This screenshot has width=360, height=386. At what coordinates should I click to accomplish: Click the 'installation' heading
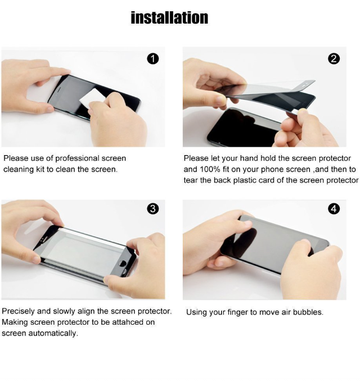point(169,18)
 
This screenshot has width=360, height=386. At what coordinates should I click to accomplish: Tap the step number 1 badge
point(153,59)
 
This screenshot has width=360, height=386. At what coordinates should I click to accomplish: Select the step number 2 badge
point(334,59)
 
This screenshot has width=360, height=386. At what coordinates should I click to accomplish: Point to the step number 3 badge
point(153,209)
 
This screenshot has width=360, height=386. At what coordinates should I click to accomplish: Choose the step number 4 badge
point(334,209)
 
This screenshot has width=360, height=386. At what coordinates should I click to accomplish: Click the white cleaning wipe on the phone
point(92,98)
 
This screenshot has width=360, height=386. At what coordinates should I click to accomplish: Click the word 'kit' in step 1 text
point(40,169)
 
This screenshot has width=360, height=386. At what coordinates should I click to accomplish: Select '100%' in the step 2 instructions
point(210,169)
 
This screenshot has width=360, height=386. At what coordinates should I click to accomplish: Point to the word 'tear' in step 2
point(191,180)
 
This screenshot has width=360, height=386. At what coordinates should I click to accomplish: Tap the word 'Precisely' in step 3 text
point(18,311)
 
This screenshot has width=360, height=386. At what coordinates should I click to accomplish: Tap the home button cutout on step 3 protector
point(122,263)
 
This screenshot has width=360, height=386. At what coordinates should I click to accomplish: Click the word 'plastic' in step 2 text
point(245,180)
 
